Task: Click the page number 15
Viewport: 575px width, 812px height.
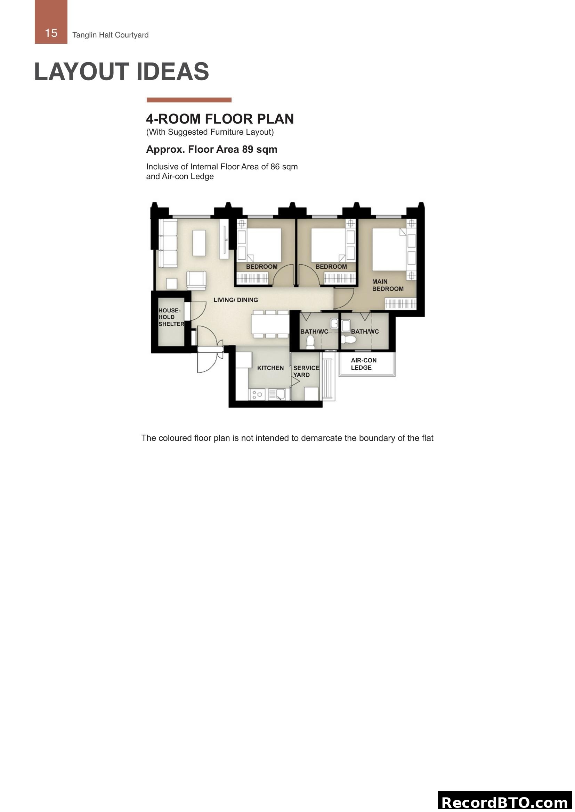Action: pyautogui.click(x=51, y=33)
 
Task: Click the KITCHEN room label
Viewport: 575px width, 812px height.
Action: pyautogui.click(x=270, y=368)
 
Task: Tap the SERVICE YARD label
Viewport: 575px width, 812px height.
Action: pyautogui.click(x=306, y=371)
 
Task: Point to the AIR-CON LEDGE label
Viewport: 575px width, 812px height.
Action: pyautogui.click(x=363, y=364)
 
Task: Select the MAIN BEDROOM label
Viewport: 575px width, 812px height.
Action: pyautogui.click(x=387, y=285)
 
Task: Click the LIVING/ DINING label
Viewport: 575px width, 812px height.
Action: pyautogui.click(x=235, y=300)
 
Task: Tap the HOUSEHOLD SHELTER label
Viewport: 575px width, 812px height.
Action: pyautogui.click(x=171, y=317)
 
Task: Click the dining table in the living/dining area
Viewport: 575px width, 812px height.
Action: pyautogui.click(x=270, y=324)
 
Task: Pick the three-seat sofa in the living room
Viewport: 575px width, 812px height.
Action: pyautogui.click(x=168, y=243)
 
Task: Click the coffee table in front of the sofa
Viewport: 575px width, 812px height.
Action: pyautogui.click(x=199, y=243)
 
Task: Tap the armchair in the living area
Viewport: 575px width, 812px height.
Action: pyautogui.click(x=196, y=280)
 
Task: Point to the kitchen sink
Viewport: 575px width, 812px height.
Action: pyautogui.click(x=277, y=394)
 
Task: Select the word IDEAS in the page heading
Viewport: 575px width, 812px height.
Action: pyautogui.click(x=172, y=72)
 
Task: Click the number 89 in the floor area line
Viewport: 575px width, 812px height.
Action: pyautogui.click(x=248, y=149)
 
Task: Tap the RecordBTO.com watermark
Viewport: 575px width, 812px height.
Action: pyautogui.click(x=505, y=802)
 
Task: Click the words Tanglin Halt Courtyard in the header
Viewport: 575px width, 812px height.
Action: pyautogui.click(x=111, y=35)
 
